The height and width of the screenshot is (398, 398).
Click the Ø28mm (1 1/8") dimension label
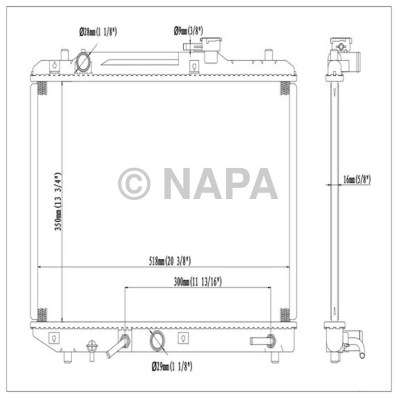(x=98, y=32)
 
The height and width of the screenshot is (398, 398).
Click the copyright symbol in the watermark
(x=134, y=184)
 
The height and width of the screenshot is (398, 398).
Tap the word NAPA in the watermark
(x=220, y=184)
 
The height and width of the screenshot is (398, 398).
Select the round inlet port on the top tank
(x=83, y=62)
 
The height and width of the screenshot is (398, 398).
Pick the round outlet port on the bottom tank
(x=156, y=341)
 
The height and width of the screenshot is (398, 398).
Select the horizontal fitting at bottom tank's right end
(x=263, y=341)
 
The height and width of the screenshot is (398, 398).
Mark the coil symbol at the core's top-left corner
(x=42, y=88)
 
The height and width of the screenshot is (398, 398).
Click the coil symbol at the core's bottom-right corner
(x=285, y=313)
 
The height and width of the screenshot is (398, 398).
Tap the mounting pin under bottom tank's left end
(x=67, y=356)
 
